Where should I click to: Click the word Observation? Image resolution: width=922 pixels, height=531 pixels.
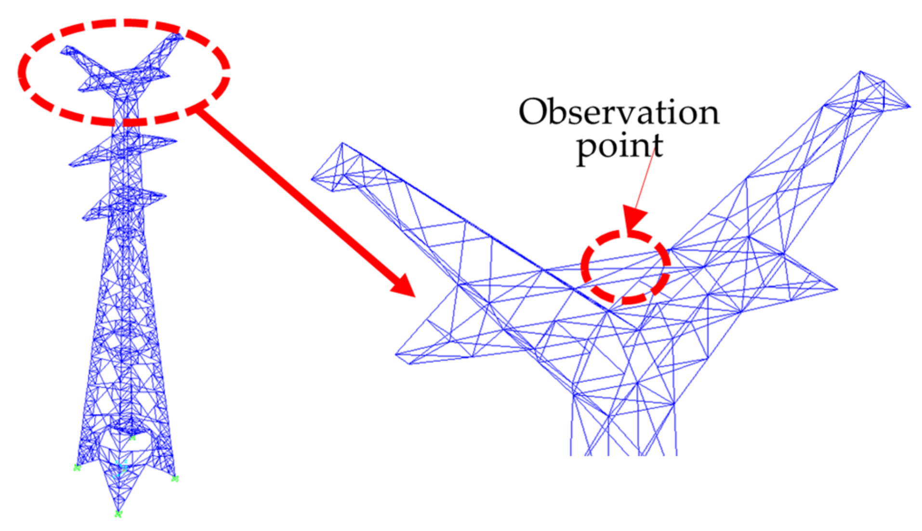619,112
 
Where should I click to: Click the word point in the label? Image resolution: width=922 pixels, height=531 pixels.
619,147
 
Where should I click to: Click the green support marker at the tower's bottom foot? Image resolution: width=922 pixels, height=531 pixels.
118,514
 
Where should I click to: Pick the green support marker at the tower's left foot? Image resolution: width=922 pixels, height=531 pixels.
77,467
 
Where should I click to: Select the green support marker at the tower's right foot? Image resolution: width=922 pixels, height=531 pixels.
175,478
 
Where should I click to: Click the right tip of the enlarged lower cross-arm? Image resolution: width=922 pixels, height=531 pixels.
837,289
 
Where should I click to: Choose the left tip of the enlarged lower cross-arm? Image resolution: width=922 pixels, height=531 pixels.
397,355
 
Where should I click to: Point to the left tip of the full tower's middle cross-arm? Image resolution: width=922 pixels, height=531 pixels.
70,165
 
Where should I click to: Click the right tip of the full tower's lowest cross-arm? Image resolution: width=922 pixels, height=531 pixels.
166,196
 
